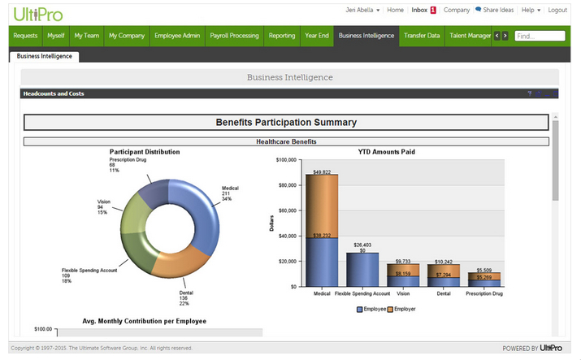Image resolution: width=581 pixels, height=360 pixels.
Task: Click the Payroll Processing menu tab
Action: [x=233, y=36]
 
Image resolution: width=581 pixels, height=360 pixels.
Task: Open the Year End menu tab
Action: [x=316, y=36]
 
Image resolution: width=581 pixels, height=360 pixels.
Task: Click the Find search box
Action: [x=540, y=36]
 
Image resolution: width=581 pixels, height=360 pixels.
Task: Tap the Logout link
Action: [x=557, y=11]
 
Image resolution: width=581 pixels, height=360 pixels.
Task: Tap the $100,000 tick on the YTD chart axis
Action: [x=287, y=160]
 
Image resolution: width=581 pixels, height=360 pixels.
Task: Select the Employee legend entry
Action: [x=373, y=310]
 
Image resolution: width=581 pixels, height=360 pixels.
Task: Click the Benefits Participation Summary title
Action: [x=286, y=123]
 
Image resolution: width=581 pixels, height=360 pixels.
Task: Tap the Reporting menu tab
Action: [x=282, y=36]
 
